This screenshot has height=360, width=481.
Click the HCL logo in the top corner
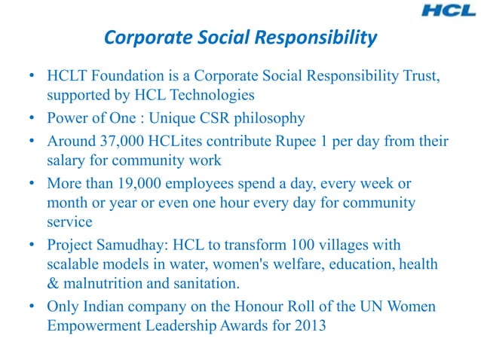[448, 11]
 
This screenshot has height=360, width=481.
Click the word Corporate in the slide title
[135, 37]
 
